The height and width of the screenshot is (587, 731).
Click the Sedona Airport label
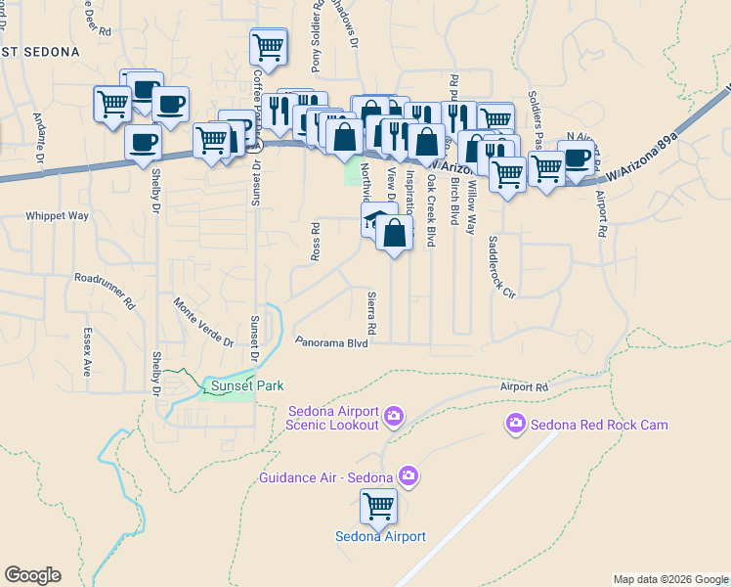coord(380,536)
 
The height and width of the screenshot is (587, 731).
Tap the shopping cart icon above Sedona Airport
coord(378,507)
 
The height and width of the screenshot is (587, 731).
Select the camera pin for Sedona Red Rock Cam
coord(515,424)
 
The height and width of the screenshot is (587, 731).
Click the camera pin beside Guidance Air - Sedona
coord(408,477)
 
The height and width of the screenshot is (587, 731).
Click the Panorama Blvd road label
coord(331,343)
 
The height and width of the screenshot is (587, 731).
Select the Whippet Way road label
coord(57,215)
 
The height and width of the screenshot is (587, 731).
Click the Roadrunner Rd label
coord(105,291)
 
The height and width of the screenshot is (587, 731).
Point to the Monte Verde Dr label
coord(203,323)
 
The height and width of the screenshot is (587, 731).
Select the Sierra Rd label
coord(372,312)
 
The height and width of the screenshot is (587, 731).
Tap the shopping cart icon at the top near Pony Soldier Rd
coord(268,46)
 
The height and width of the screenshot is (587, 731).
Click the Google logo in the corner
coord(32,575)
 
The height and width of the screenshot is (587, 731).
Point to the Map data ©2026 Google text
coord(669,578)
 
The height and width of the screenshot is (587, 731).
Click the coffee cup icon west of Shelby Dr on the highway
coord(144,143)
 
